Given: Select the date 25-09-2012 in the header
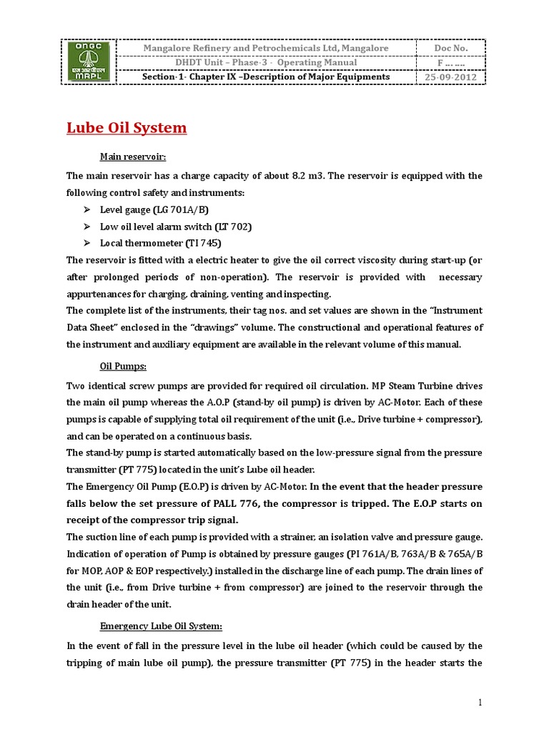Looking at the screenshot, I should click(x=451, y=77).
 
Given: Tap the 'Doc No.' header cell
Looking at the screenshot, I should click(x=451, y=48).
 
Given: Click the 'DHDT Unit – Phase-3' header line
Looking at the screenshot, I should click(x=265, y=62).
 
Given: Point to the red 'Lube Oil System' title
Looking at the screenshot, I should click(x=127, y=128).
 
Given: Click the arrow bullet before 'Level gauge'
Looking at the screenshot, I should click(x=86, y=209).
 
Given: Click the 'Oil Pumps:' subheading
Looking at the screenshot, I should click(x=123, y=366).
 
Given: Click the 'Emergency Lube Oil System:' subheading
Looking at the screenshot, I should click(x=161, y=626).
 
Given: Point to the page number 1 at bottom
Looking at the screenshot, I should click(x=481, y=703).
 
